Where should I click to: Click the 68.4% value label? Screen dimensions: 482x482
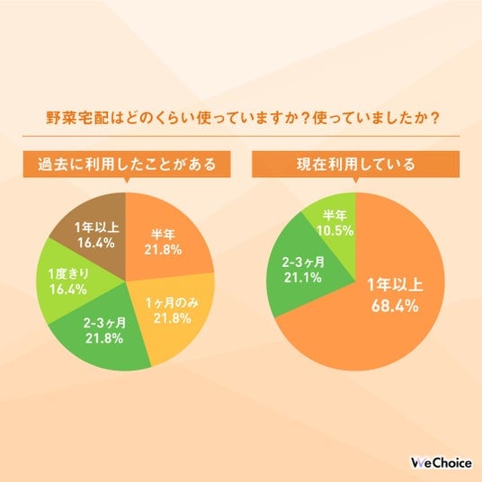click(395, 306)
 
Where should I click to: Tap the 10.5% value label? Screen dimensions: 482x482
click(335, 231)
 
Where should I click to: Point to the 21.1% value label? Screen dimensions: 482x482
click(303, 278)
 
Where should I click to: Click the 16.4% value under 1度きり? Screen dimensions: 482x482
click(68, 290)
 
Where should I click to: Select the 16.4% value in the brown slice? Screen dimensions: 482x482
click(96, 243)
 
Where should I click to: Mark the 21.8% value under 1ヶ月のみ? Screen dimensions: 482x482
click(173, 318)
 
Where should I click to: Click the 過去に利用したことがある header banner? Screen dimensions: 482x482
click(127, 165)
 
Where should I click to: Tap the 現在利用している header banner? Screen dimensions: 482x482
click(356, 165)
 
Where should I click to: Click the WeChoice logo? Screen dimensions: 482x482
click(442, 463)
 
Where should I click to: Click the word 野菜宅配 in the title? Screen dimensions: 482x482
click(77, 118)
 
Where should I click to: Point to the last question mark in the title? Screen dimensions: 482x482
click(434, 118)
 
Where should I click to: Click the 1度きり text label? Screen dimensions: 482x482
click(69, 274)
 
